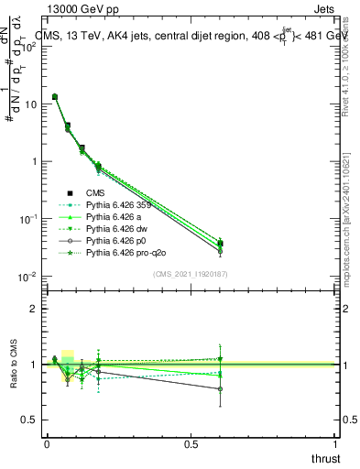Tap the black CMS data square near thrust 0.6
coord(220,244)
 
